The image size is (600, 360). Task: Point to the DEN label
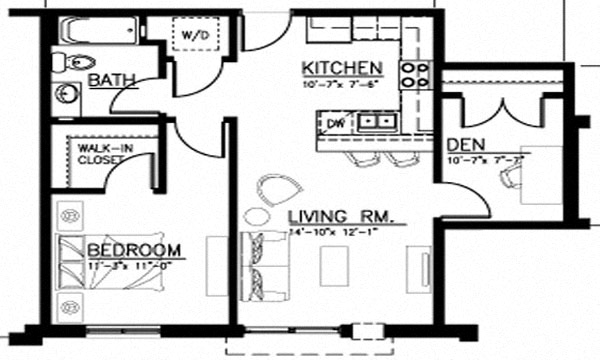tap(466, 144)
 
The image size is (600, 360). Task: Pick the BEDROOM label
tap(133, 249)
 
